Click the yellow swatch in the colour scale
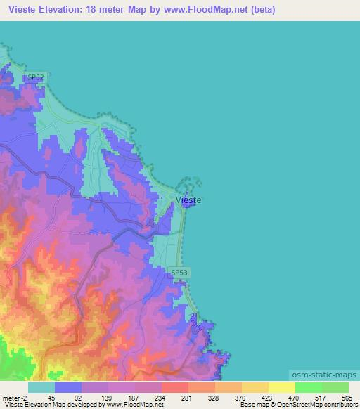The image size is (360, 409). [x=281, y=387]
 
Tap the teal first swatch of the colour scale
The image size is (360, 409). [x=41, y=387]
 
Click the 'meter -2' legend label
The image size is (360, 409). [x=14, y=398]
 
